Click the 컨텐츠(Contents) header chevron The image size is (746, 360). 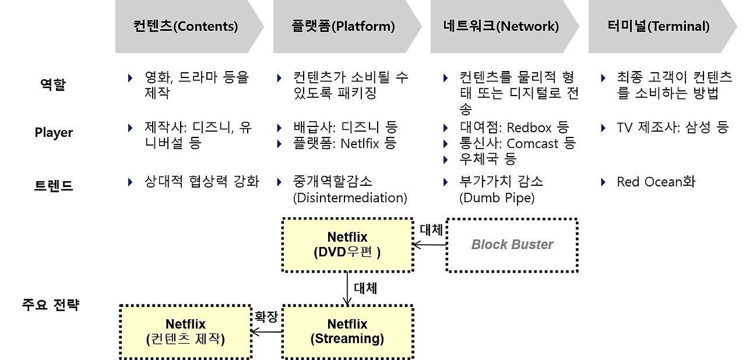pos(185,26)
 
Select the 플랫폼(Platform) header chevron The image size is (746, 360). pos(343,26)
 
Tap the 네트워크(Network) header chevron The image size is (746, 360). pos(501,26)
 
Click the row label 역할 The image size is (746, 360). pos(53,85)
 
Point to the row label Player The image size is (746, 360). pos(54,133)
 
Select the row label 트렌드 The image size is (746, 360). pos(53,186)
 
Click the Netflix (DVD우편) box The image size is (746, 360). pos(347,245)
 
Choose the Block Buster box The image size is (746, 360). pos(512,245)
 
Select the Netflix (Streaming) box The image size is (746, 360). pos(347,331)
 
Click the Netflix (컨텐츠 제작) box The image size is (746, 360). pos(185,331)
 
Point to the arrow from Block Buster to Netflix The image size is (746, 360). pos(430,245)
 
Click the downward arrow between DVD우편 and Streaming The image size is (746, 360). pos(347,288)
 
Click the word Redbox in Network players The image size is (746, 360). pos(529,128)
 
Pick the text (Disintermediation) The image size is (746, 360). pos(350,197)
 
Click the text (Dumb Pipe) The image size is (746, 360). pos(497,197)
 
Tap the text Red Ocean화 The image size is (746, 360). pos(656,182)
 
